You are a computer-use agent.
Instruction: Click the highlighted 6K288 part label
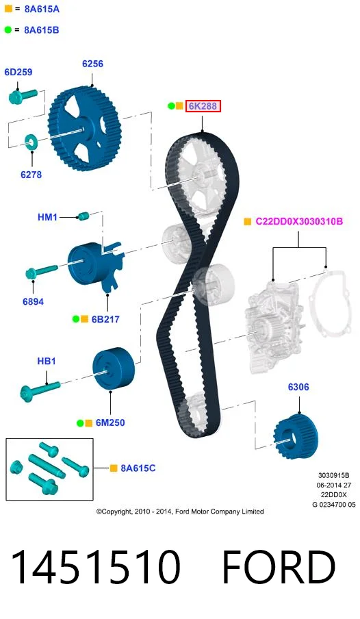203,106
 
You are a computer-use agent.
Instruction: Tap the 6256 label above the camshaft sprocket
93,64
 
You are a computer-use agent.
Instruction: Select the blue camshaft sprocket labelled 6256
85,129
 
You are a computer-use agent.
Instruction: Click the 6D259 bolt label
18,73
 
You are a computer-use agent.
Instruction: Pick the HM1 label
47,217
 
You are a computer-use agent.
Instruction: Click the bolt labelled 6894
41,271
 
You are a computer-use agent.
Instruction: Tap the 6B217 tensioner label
105,319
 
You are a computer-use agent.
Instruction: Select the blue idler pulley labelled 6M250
114,368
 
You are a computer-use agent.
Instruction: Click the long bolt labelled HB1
40,389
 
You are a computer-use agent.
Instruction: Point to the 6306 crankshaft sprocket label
298,387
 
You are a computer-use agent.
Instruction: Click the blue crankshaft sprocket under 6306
296,436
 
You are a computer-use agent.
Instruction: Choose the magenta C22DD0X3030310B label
299,221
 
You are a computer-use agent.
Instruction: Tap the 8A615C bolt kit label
138,468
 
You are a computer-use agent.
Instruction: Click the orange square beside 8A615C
114,468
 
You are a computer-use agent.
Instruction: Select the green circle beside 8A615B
8,29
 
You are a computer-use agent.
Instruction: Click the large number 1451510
96,567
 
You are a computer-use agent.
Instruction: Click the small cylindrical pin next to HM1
83,216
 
